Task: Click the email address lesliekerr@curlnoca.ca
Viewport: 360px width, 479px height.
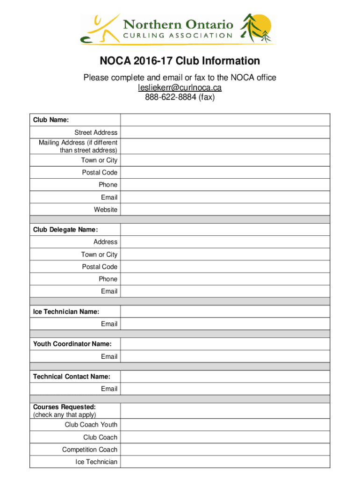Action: point(180,87)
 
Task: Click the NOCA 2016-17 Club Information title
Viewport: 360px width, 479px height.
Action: point(180,61)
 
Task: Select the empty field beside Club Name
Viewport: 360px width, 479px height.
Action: point(225,120)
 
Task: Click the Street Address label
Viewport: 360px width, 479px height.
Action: point(96,132)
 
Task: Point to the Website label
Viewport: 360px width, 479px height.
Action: point(106,210)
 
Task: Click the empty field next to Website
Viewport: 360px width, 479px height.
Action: point(225,210)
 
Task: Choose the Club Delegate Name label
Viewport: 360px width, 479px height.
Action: point(65,230)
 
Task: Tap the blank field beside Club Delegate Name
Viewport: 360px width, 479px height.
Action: point(225,230)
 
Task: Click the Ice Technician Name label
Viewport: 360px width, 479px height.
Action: point(66,312)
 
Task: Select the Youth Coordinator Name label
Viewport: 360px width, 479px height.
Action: point(72,344)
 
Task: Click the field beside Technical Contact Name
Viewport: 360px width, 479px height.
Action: point(225,377)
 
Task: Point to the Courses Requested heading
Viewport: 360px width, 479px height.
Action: point(65,407)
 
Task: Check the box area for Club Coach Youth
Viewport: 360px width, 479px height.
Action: point(225,425)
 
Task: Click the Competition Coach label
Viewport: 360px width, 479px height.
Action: point(90,450)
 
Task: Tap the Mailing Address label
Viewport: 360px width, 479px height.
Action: point(78,146)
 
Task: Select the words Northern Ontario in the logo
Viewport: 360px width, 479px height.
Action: point(178,24)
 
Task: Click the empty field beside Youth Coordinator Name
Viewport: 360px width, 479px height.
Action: point(225,344)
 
